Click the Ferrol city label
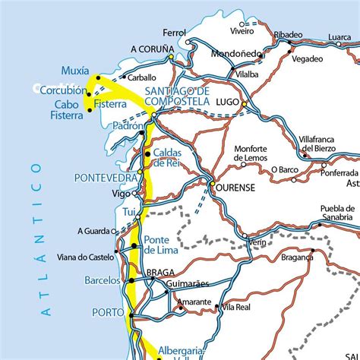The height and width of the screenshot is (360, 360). click(175, 33)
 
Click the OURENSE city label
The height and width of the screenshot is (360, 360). click(237, 185)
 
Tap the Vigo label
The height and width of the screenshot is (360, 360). click(121, 194)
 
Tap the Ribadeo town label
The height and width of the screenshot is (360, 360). click(288, 35)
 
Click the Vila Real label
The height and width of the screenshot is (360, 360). click(236, 307)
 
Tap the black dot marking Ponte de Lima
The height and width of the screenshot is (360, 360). click(134, 246)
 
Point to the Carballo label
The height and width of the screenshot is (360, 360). click(141, 77)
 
